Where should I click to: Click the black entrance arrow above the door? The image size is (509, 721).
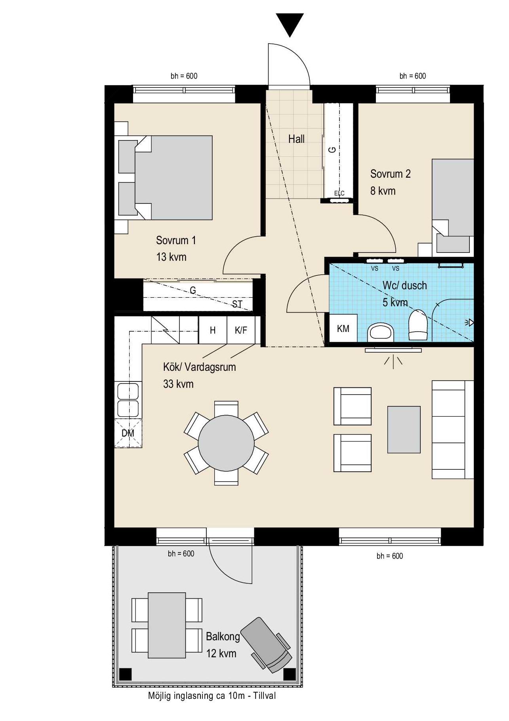(x=290, y=23)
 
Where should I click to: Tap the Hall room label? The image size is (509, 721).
(x=296, y=139)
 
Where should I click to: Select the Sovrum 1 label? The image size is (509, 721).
(x=176, y=240)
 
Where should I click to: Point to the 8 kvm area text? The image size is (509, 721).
(x=383, y=191)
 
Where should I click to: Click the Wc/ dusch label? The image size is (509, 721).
(x=404, y=285)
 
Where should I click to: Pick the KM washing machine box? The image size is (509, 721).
(x=343, y=328)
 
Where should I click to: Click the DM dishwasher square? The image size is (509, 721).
(x=128, y=433)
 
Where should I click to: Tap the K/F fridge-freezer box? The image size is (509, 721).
(x=241, y=330)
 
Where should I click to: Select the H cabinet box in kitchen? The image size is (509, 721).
(x=213, y=330)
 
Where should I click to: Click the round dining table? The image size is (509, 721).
(x=226, y=443)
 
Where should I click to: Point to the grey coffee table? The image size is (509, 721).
(x=404, y=429)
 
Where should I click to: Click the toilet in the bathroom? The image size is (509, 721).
(x=418, y=325)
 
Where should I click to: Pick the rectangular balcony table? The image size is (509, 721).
(x=167, y=625)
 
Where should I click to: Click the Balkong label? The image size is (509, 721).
(x=223, y=636)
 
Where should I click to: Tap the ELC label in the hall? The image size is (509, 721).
(x=339, y=193)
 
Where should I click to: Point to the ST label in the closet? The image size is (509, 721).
(x=237, y=304)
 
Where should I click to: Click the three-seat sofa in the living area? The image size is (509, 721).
(x=453, y=430)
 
